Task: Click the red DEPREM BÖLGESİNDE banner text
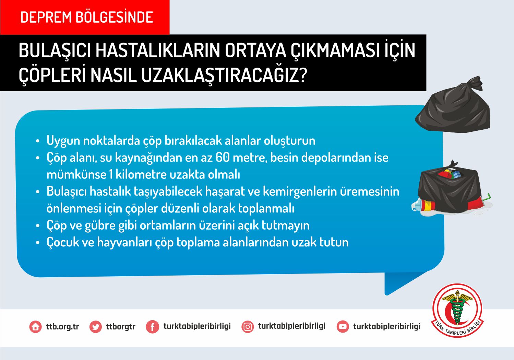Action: click(x=86, y=17)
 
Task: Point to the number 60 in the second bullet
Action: click(x=223, y=158)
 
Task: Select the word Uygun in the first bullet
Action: click(x=63, y=141)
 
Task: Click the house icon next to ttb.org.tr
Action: click(x=35, y=327)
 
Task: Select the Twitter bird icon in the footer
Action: click(x=95, y=327)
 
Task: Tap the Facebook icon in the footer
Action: click(x=152, y=327)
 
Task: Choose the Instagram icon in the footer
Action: click(x=248, y=327)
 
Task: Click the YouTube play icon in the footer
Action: click(x=343, y=327)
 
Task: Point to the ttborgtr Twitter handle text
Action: click(x=121, y=326)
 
